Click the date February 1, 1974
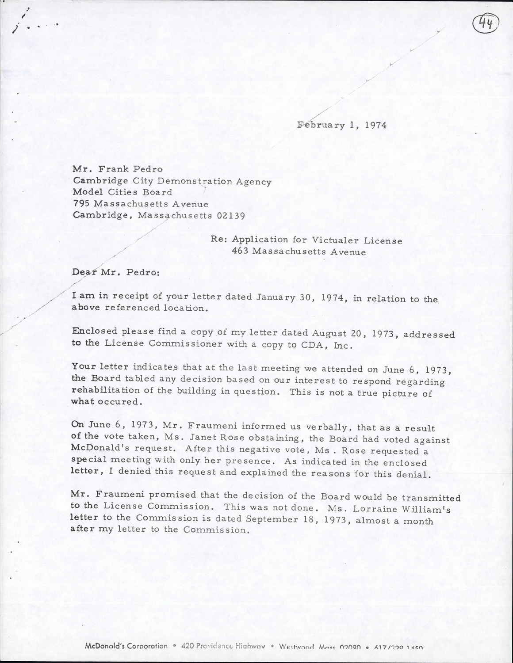pyautogui.click(x=342, y=125)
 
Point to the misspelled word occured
pyautogui.click(x=122, y=402)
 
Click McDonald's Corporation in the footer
pyautogui.click(x=126, y=646)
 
